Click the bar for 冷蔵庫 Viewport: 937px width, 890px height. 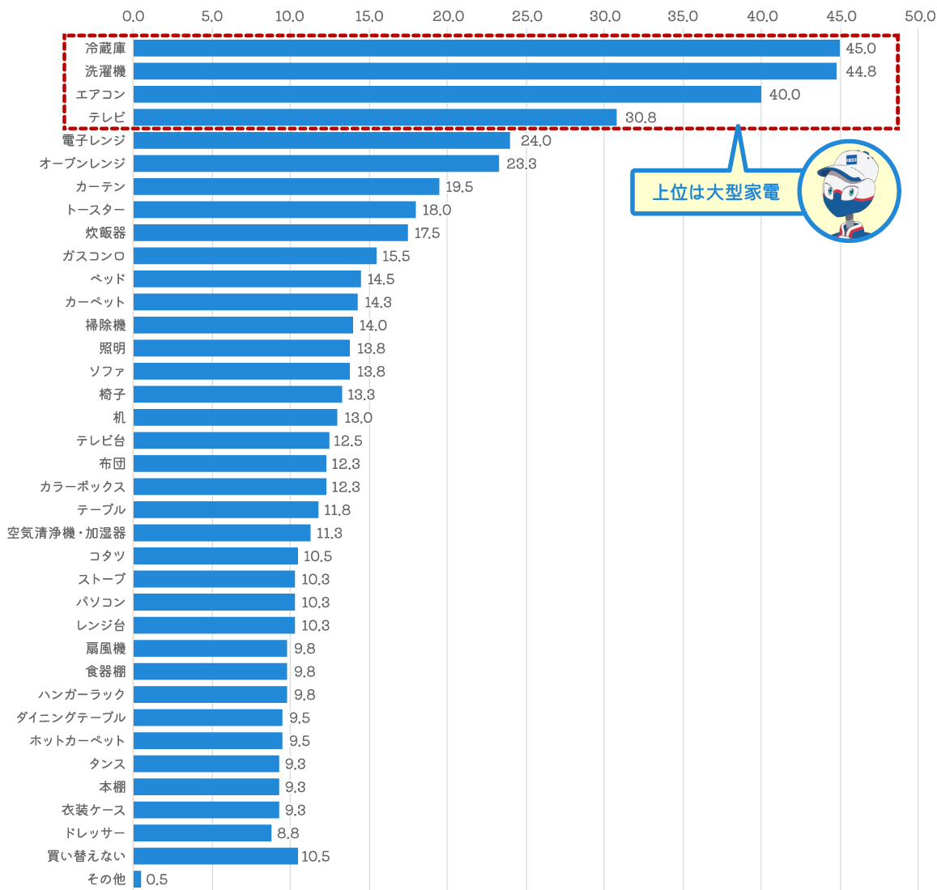click(x=486, y=49)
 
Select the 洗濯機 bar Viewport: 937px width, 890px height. click(x=484, y=71)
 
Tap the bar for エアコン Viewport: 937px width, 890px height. click(x=447, y=95)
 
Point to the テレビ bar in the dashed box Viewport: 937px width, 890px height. click(x=375, y=117)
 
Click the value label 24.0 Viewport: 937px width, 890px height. click(x=535, y=141)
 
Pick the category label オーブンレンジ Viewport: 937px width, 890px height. click(x=83, y=164)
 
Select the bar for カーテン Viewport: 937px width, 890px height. click(x=287, y=187)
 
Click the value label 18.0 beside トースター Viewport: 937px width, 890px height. click(x=437, y=210)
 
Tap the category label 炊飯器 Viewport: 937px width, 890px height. click(x=106, y=233)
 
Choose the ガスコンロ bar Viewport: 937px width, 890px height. click(x=255, y=256)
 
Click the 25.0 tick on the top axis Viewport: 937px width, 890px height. click(x=526, y=16)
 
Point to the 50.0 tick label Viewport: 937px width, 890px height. click(x=919, y=16)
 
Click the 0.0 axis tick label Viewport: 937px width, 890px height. click(x=134, y=16)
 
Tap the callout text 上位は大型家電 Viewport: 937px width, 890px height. click(x=716, y=192)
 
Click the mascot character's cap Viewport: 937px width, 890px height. click(x=850, y=162)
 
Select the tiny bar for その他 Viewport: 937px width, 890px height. click(x=138, y=879)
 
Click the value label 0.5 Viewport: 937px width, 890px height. click(x=157, y=879)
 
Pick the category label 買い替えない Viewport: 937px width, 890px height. click(x=87, y=856)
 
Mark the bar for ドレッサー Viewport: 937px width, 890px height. click(x=202, y=833)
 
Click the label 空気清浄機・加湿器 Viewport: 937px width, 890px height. click(x=66, y=533)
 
